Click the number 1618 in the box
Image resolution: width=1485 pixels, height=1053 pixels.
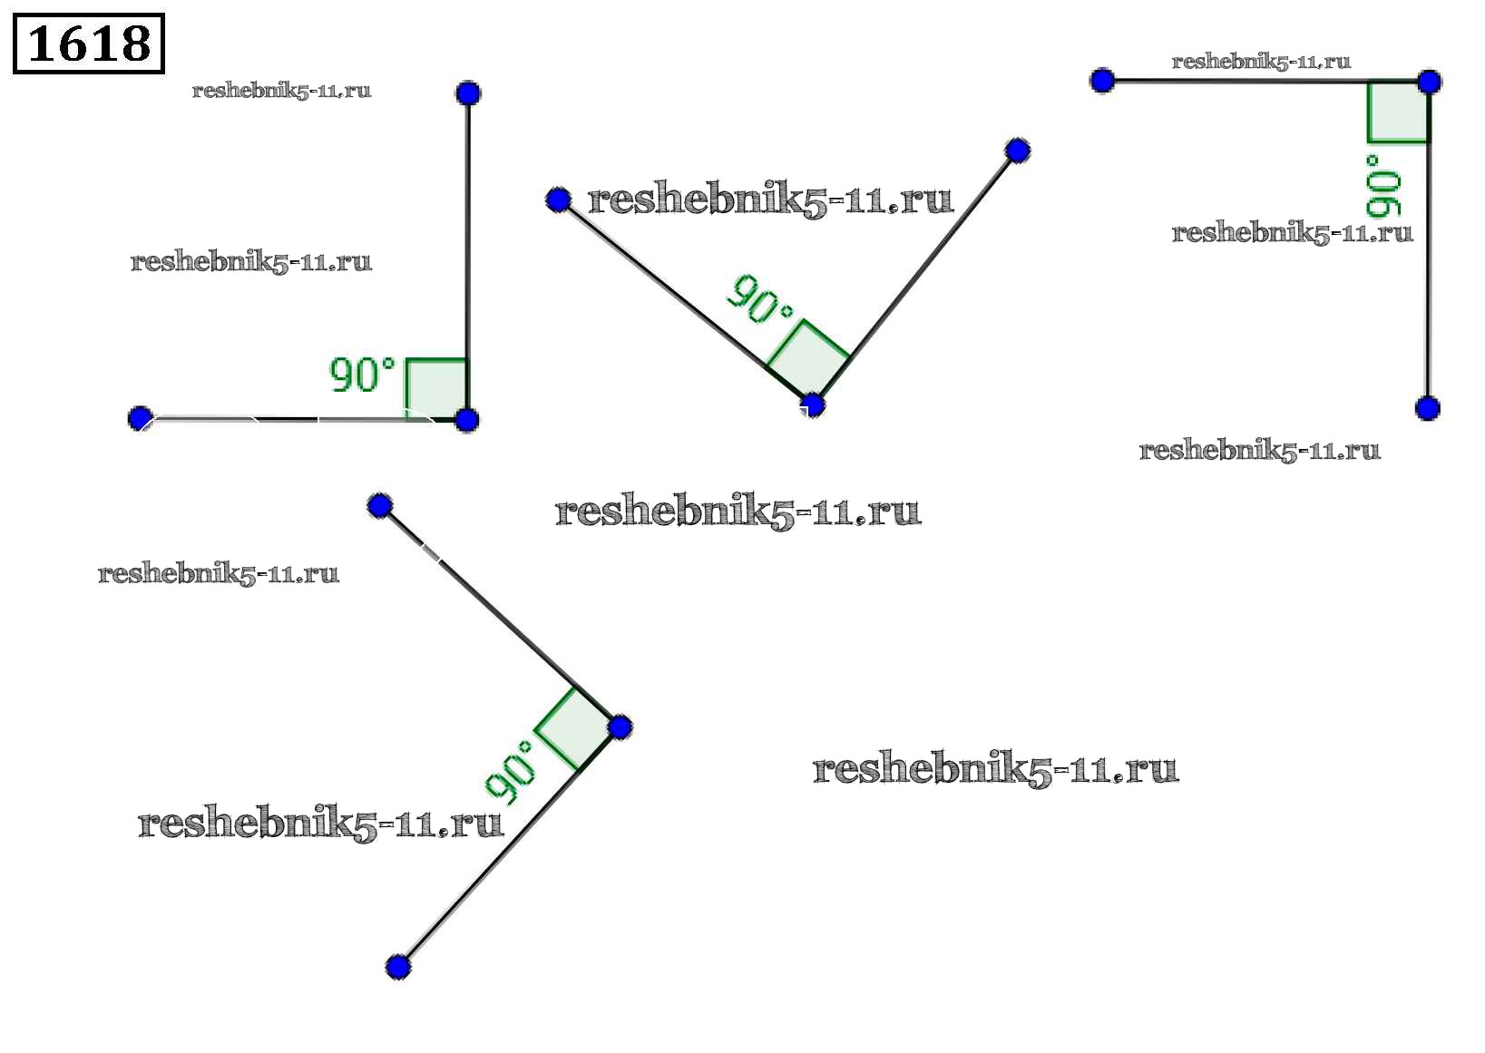click(89, 44)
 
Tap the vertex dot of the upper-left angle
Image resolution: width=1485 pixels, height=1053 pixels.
click(466, 420)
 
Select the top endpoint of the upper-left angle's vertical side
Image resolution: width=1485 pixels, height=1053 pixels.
click(468, 93)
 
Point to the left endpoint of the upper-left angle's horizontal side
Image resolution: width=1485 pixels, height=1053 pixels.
click(140, 418)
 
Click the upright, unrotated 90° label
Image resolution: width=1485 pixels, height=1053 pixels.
click(362, 375)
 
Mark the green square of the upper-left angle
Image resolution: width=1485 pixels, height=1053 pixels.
click(436, 389)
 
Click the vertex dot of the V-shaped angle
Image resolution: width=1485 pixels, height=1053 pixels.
click(813, 405)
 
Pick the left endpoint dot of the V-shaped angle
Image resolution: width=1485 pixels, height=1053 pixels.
click(559, 200)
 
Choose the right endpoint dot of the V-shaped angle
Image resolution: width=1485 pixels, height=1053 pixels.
click(1018, 151)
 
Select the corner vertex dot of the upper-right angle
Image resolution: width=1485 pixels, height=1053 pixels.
click(1429, 82)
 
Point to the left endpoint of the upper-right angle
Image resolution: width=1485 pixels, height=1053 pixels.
click(1102, 81)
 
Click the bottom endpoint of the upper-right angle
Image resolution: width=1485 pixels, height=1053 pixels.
click(1428, 407)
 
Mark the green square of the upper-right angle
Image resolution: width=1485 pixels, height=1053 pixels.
click(1398, 112)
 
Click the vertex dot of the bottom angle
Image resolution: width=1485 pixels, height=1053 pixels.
click(620, 726)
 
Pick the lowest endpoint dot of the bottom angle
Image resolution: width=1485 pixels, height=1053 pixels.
click(397, 968)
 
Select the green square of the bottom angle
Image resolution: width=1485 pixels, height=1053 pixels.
click(574, 729)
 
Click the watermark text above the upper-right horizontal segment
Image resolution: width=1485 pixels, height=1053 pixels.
click(1261, 62)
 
